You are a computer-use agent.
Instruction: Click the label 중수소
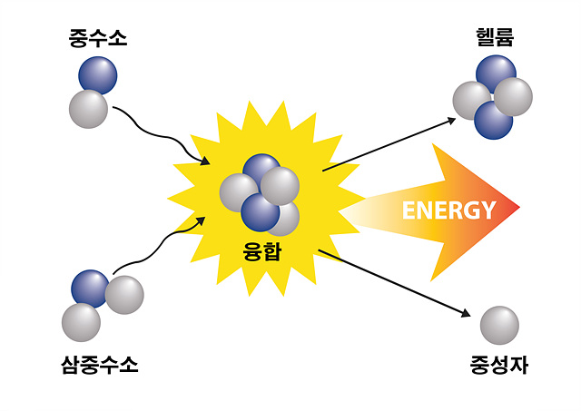click(98, 38)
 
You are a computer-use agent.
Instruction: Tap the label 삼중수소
click(99, 365)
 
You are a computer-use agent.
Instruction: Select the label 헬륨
click(495, 37)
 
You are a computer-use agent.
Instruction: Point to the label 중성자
click(498, 365)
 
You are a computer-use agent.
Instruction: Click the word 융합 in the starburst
click(262, 251)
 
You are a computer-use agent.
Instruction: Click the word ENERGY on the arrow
click(448, 210)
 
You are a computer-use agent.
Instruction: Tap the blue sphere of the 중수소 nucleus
click(98, 75)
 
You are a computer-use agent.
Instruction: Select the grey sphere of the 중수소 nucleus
click(89, 109)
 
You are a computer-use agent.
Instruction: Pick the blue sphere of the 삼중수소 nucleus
click(90, 289)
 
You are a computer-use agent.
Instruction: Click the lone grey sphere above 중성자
click(499, 325)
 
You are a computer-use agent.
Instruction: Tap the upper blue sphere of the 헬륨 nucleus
click(496, 73)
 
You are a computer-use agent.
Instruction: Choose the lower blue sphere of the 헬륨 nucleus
click(493, 121)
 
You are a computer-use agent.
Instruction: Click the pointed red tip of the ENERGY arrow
click(518, 207)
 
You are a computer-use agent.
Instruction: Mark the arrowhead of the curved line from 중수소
click(205, 161)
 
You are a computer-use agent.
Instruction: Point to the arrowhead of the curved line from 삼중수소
click(201, 221)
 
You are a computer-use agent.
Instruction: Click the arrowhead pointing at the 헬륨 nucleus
click(452, 121)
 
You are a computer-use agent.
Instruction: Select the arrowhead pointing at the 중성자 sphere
click(466, 313)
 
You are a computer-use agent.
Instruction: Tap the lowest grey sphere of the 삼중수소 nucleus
click(81, 322)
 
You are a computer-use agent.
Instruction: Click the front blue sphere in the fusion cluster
click(260, 212)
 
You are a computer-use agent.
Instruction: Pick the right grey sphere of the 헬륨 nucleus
click(513, 97)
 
